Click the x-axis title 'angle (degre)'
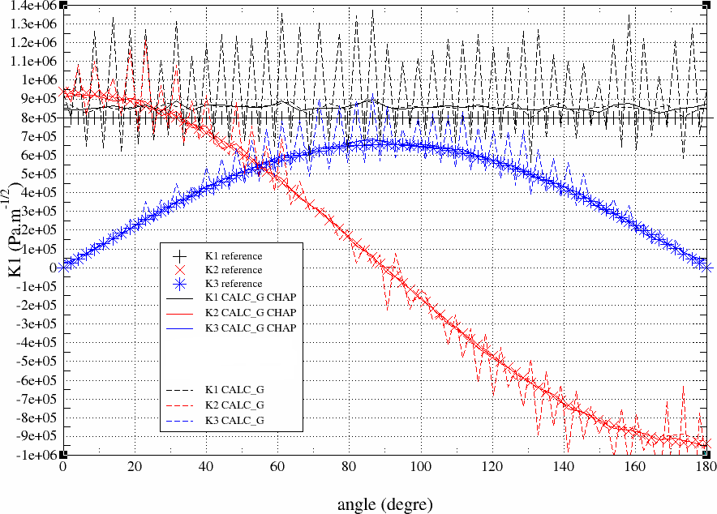(x=380, y=503)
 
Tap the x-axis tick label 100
(x=420, y=468)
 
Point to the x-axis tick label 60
(x=277, y=468)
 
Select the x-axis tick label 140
(x=563, y=468)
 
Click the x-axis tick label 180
(x=706, y=468)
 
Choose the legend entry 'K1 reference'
(x=235, y=256)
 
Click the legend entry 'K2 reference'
(x=235, y=270)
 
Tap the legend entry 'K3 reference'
(x=235, y=284)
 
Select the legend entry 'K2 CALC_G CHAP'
(x=252, y=313)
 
